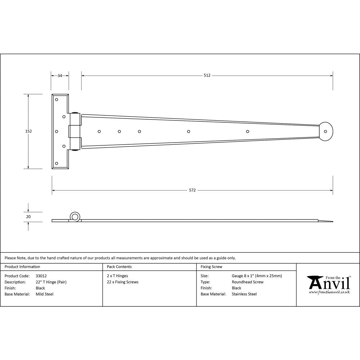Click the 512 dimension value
[207, 76]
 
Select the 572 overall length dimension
[192, 190]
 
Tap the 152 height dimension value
[28, 131]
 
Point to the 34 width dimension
[60, 76]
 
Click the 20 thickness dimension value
[28, 217]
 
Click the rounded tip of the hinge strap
[327, 131]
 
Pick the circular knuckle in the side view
[75, 217]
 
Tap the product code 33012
[41, 276]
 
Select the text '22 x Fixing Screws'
[123, 282]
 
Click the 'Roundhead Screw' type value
[248, 282]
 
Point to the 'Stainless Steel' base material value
[244, 294]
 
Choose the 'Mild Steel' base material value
[45, 294]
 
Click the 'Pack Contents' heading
[119, 267]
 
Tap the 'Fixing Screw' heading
[211, 267]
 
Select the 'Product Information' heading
[22, 267]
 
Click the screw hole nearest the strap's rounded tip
[247, 131]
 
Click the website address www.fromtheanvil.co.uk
[329, 292]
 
